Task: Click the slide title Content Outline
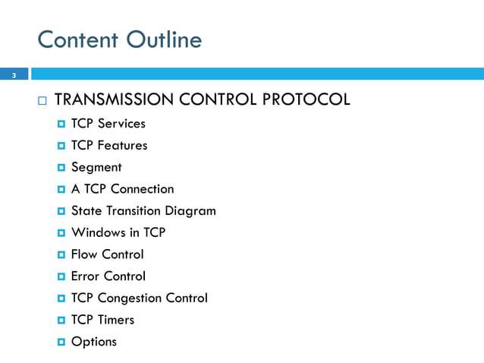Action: [x=119, y=39]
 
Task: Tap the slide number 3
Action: [x=14, y=75]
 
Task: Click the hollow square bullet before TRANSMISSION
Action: [x=41, y=100]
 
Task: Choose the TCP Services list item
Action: [x=108, y=123]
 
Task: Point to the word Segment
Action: [x=96, y=167]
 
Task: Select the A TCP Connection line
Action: [x=122, y=189]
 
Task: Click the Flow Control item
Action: [x=107, y=254]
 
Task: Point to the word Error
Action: [x=86, y=276]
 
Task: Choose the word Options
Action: [x=94, y=342]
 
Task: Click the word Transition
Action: [x=133, y=211]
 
